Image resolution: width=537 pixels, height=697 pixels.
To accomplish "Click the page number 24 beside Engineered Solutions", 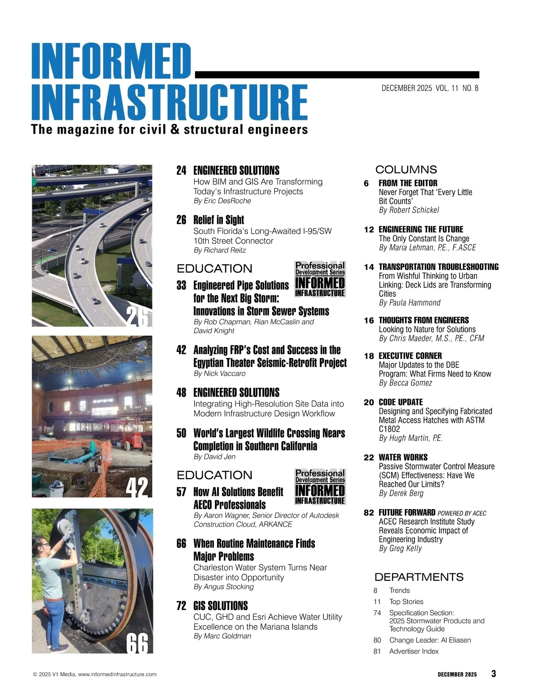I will point(181,170).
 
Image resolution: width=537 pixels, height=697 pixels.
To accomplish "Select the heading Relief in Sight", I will point(218,220).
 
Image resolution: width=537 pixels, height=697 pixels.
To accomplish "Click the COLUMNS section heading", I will point(406,170).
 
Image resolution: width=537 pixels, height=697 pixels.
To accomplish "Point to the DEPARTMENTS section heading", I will point(419,577).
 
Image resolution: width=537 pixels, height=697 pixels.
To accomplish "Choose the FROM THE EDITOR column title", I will point(408,183).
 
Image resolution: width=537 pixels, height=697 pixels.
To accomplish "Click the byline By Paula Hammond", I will point(409,303).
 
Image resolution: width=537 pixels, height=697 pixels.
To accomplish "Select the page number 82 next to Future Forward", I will point(369,513).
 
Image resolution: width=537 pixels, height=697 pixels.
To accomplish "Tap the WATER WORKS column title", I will point(403,457).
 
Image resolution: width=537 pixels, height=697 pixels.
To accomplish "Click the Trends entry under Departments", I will point(399,591).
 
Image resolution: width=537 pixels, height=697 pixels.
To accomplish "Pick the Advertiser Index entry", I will point(413,651).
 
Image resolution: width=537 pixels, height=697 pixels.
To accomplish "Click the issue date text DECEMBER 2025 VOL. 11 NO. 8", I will point(430,88).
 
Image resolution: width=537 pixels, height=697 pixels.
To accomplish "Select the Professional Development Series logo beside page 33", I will point(320,280).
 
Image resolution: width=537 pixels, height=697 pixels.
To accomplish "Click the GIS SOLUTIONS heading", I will point(220,606).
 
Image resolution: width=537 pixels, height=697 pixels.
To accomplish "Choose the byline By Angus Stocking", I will point(224,586).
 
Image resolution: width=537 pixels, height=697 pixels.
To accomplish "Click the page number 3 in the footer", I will point(494,674).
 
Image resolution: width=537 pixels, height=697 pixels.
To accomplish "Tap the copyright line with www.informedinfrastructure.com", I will point(95,674).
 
